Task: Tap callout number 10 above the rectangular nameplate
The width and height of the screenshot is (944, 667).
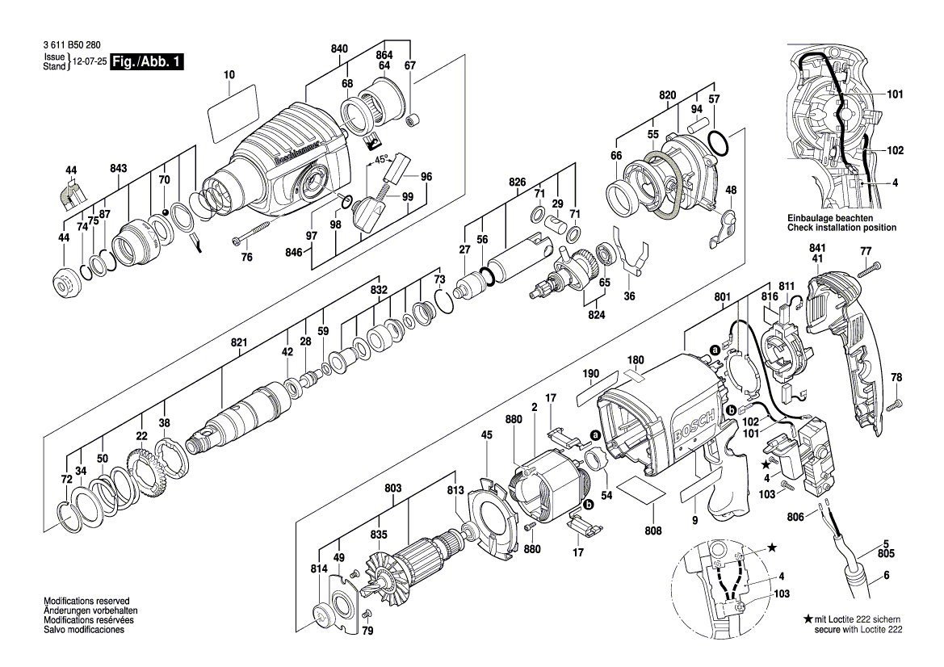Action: pyautogui.click(x=229, y=75)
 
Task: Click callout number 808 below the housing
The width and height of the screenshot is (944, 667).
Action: pyautogui.click(x=653, y=531)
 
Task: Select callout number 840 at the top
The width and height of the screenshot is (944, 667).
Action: pyautogui.click(x=339, y=49)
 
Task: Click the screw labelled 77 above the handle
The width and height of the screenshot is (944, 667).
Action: pyautogui.click(x=870, y=271)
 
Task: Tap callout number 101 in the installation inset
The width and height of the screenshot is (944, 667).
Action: pyautogui.click(x=895, y=94)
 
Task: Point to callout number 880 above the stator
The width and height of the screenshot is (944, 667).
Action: pyautogui.click(x=514, y=419)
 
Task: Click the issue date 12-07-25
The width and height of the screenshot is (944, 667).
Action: pyautogui.click(x=90, y=61)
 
